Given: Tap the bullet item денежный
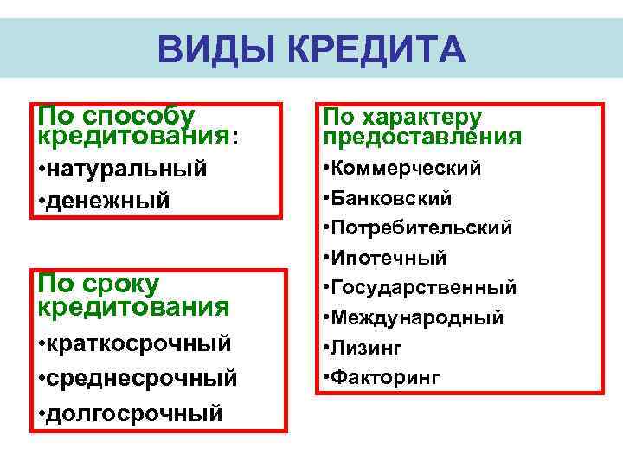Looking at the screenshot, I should pos(110,201).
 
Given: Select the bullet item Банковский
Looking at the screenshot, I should pos(391,198).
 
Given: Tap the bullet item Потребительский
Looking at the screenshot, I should pos(421,228).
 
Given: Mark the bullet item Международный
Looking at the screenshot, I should pos(417,317).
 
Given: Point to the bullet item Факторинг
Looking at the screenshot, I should pos(385,377).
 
